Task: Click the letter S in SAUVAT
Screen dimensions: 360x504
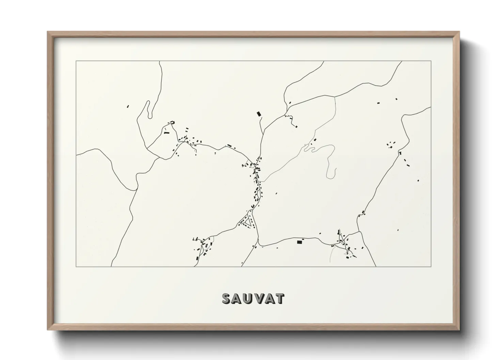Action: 226,298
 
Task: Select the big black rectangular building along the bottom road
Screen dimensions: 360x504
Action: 300,242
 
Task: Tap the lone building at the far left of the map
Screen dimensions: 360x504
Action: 128,107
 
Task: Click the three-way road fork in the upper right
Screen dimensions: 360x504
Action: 335,97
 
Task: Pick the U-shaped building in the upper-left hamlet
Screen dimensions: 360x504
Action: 172,122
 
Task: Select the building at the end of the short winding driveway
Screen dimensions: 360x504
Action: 296,127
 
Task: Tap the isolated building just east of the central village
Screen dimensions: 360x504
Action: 276,193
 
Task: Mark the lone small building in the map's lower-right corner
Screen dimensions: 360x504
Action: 399,230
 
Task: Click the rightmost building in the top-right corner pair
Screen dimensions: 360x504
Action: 396,99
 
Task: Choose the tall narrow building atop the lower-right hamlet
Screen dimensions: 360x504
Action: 339,232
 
